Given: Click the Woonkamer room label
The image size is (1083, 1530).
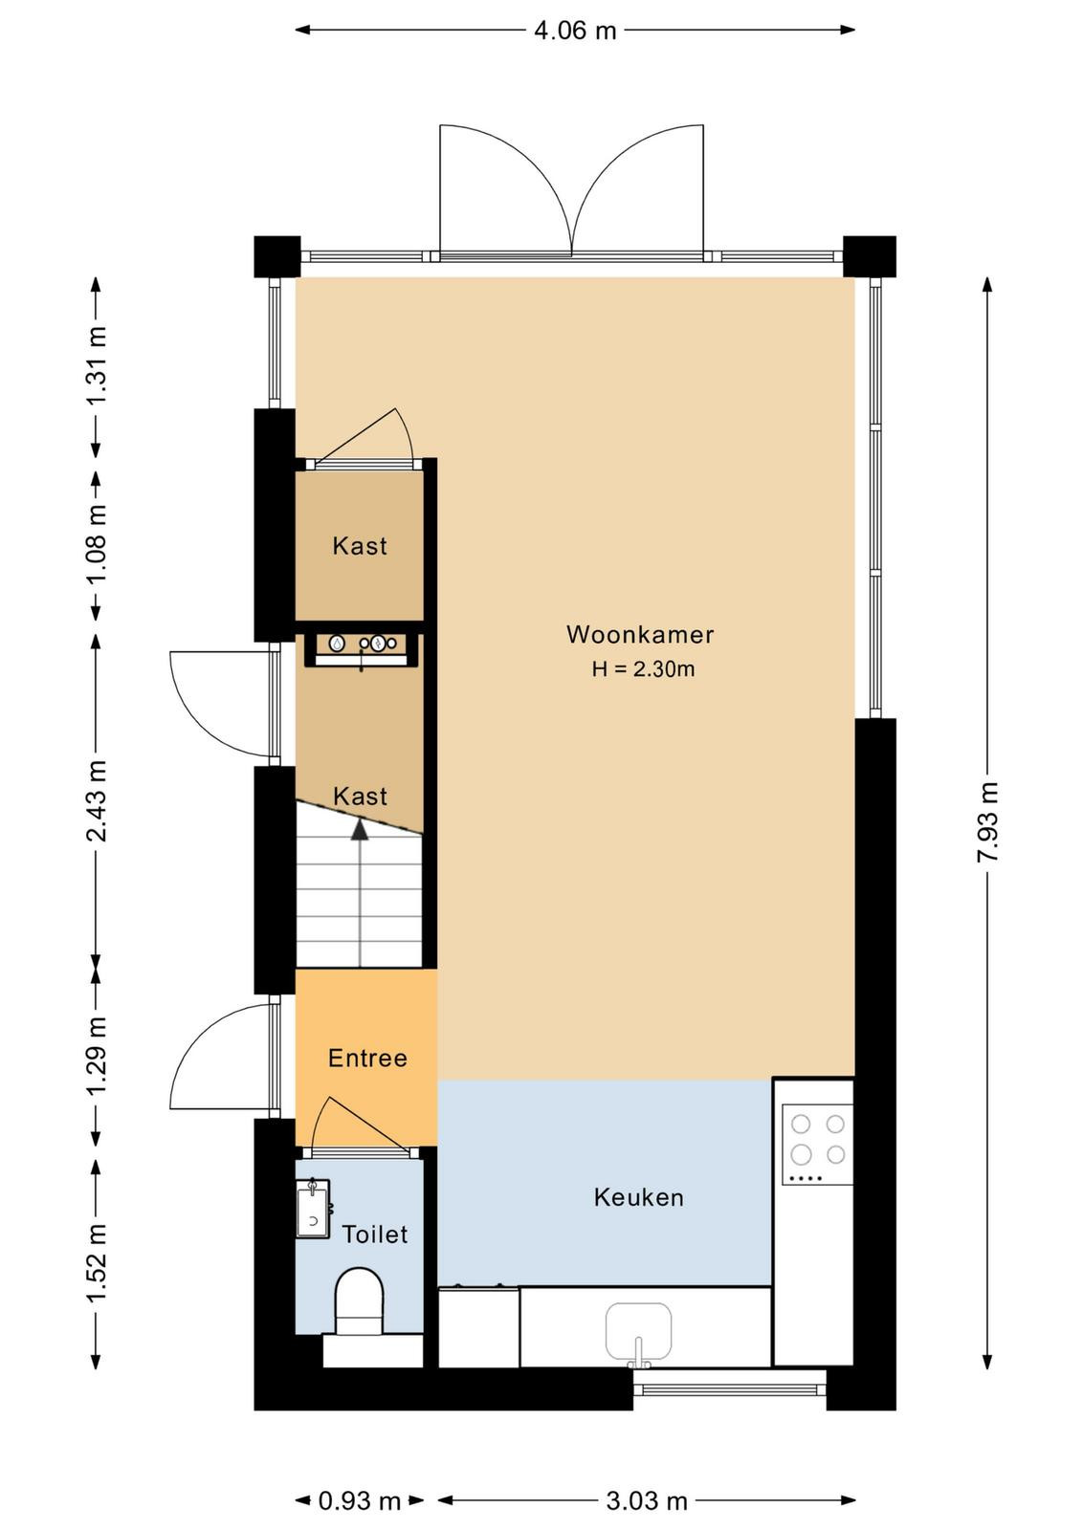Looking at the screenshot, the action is click(639, 635).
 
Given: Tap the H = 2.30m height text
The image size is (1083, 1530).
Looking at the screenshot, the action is click(643, 668).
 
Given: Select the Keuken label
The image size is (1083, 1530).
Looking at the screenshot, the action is click(638, 1197).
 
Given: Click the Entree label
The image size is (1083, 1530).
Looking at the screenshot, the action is click(367, 1058).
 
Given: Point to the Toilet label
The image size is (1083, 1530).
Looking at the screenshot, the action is click(374, 1235).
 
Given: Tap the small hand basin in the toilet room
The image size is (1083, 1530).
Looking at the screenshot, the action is click(314, 1209).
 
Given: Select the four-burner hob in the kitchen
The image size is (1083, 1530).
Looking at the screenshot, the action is click(817, 1147).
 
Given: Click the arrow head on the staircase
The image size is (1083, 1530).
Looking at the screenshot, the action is click(360, 829).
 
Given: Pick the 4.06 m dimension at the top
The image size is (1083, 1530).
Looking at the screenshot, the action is click(575, 30).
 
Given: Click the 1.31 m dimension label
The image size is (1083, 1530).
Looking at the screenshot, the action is click(97, 366).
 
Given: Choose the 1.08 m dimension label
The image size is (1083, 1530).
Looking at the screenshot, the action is click(97, 544).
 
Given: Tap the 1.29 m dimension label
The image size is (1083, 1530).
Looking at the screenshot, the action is click(97, 1055).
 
